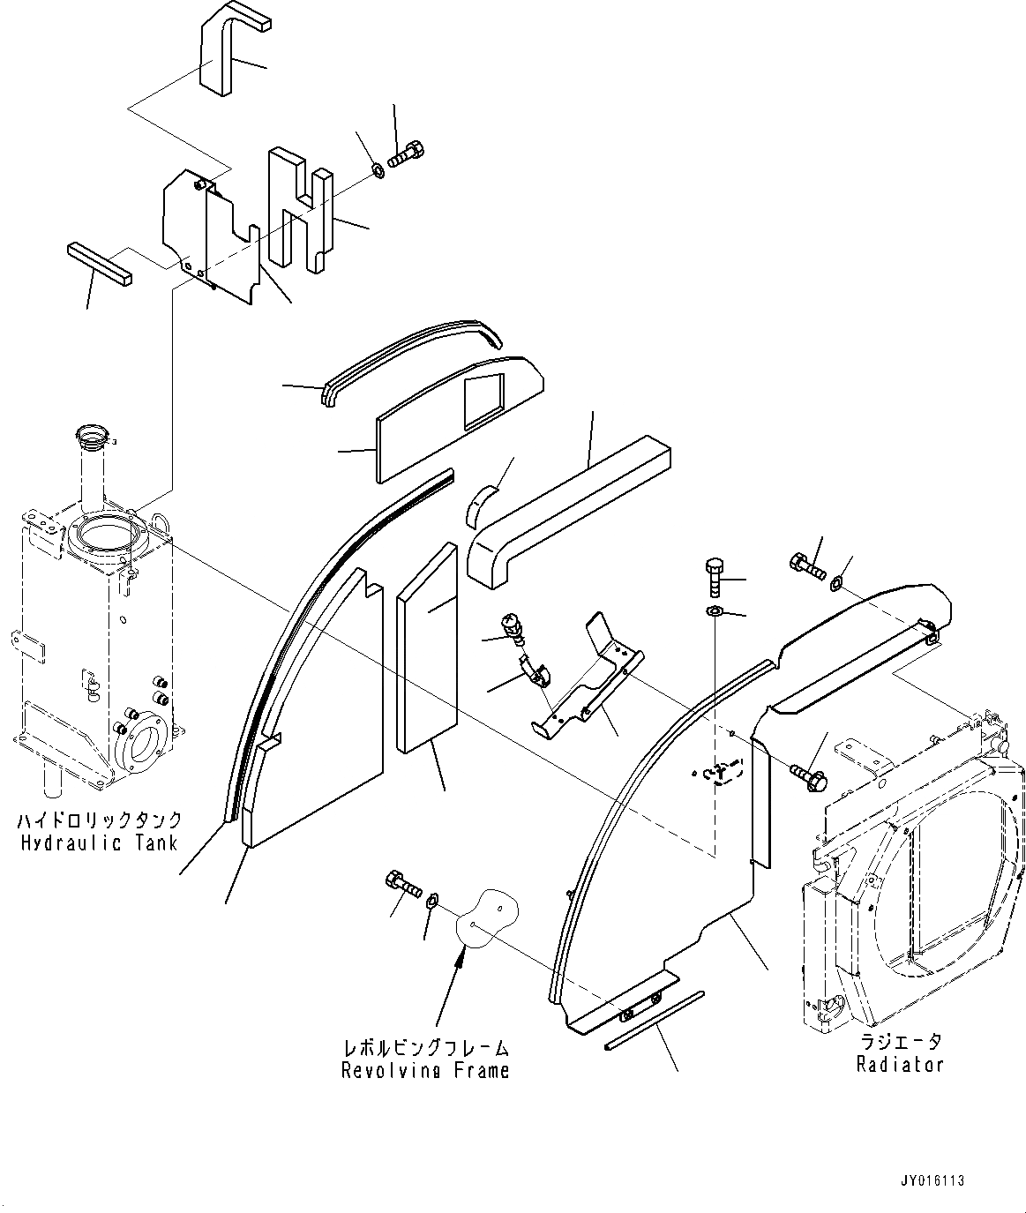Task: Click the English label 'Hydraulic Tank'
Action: pos(98,842)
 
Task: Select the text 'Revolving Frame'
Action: pos(425,1070)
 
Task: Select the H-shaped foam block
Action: pos(300,207)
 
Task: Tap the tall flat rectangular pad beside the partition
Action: pos(428,648)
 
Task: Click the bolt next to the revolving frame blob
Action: pos(401,882)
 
